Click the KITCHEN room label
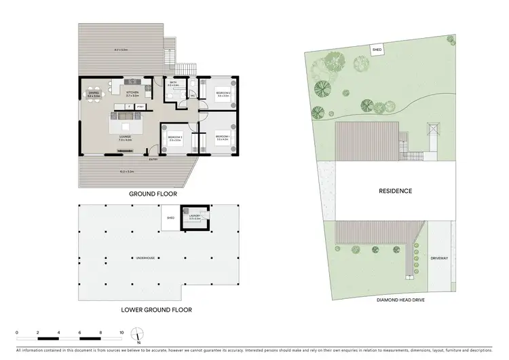[x=132, y=92]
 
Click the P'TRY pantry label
[x=140, y=107]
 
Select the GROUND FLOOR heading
[x=153, y=194]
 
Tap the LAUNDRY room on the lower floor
[x=194, y=217]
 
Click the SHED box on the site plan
[x=376, y=49]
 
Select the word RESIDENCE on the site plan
[x=395, y=191]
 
